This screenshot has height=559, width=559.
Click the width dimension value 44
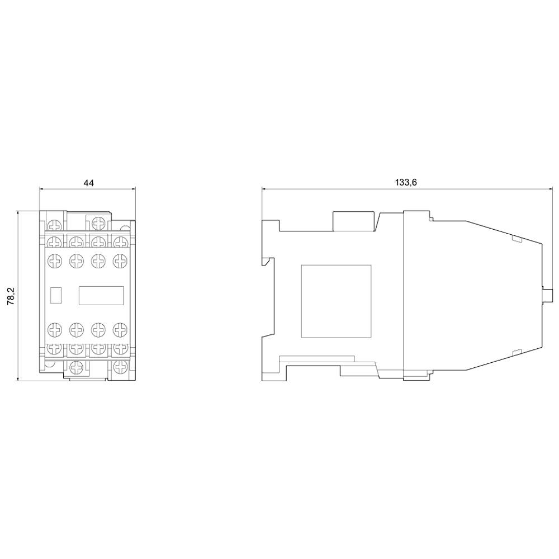point(88,183)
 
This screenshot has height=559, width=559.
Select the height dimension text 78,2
point(11,296)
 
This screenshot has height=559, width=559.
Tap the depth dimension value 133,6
point(406,182)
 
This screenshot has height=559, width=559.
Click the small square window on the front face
point(56,295)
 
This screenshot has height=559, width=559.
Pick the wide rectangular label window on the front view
point(101,295)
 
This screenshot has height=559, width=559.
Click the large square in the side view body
point(337,301)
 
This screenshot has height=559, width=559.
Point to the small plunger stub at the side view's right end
point(548,295)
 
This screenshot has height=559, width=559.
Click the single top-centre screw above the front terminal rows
point(99,222)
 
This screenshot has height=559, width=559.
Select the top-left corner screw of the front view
point(55,225)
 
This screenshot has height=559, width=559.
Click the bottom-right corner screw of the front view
point(120,367)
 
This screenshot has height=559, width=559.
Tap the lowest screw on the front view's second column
point(77,367)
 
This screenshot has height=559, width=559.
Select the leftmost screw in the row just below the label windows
point(55,329)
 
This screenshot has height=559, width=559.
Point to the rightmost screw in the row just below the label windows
point(120,329)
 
